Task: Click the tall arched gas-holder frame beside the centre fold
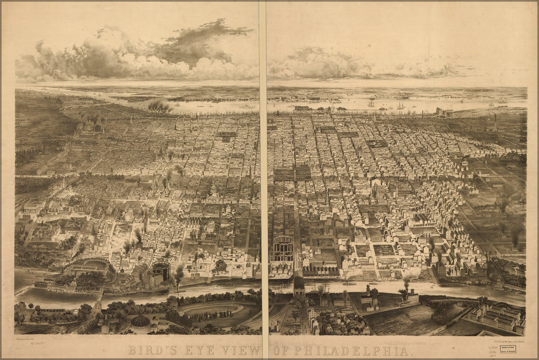(x=283, y=249)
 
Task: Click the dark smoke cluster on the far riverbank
(x=160, y=106)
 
